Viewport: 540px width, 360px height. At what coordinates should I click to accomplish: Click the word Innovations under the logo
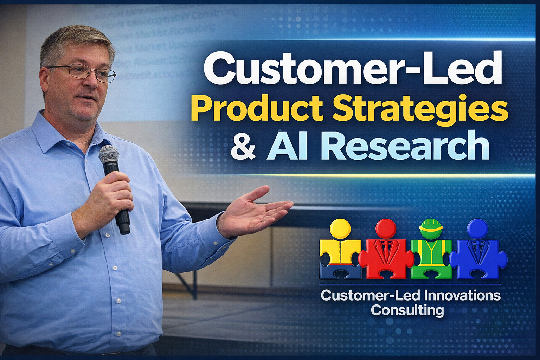click(462, 295)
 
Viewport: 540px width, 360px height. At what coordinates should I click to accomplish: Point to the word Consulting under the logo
click(407, 310)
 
